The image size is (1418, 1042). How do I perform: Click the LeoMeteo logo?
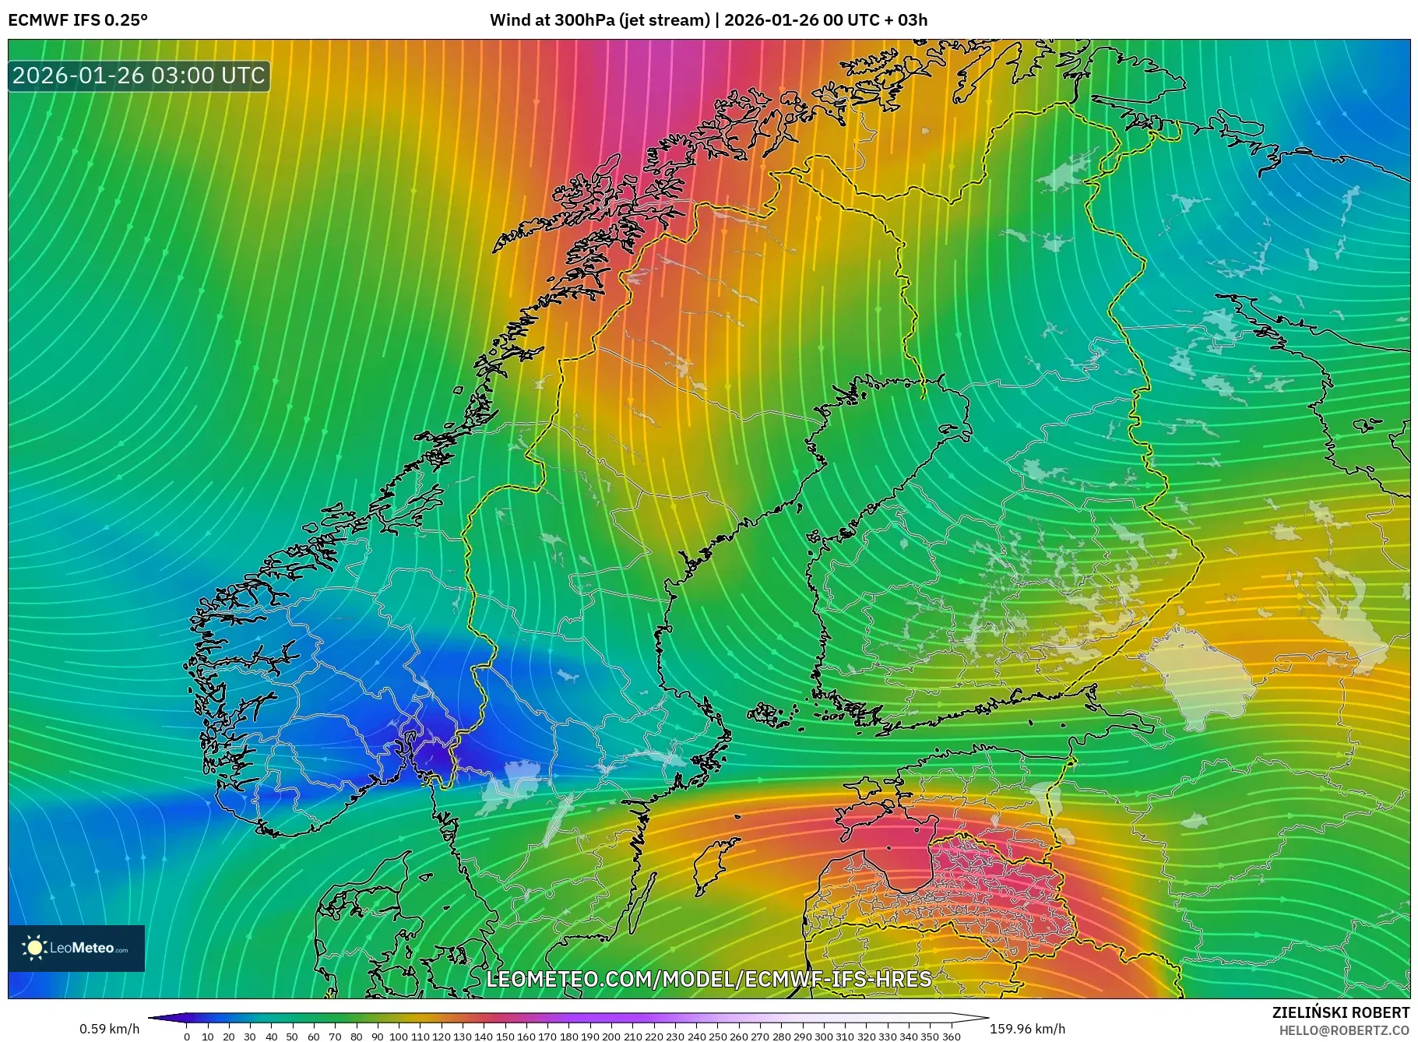coord(76,948)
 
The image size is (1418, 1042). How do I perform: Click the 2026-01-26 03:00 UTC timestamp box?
coord(139,76)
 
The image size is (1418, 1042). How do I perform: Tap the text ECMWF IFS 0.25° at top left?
coord(78,20)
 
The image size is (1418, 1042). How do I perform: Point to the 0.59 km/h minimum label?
coord(109,1029)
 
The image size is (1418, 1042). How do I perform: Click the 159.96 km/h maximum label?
coord(1027,1029)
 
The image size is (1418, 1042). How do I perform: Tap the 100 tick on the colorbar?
coord(398,1037)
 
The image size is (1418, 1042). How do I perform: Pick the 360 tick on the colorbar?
coord(951,1037)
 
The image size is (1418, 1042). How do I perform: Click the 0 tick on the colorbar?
coord(187,1037)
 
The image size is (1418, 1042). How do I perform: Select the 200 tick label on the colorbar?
coord(610,1037)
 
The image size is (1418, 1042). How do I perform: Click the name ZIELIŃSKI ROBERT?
coord(1340,1012)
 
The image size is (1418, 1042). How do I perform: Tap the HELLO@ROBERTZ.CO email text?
coord(1344,1030)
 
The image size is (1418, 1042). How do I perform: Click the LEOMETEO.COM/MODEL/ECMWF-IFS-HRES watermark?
coord(709,979)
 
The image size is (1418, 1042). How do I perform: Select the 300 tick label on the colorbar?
coord(823,1037)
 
